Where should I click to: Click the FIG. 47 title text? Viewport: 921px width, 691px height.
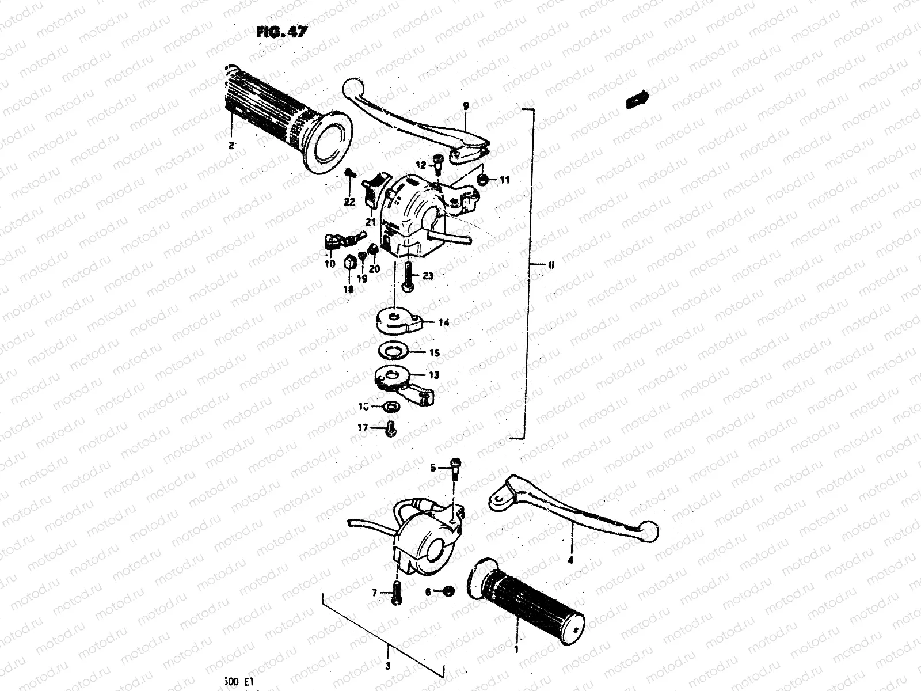281,32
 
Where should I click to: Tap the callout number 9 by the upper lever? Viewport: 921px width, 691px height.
466,106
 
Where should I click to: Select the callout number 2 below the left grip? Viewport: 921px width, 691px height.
231,146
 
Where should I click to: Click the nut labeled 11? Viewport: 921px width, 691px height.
485,180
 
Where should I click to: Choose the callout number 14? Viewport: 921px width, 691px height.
443,322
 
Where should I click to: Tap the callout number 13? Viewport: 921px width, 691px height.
433,375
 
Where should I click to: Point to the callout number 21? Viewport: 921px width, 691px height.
370,222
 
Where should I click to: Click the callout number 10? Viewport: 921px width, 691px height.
330,264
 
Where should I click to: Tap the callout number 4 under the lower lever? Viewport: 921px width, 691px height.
570,559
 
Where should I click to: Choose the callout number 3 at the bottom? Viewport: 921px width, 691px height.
387,666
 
